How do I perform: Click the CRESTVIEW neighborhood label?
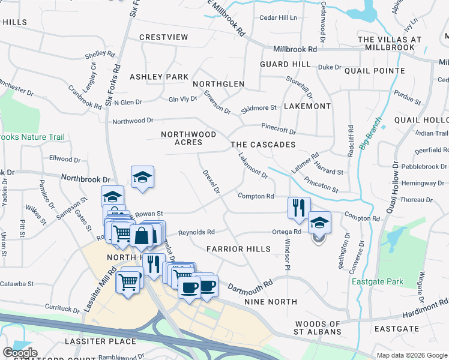click(x=164, y=37)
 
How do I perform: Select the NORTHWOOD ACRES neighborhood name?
click(x=188, y=138)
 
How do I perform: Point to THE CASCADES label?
click(x=264, y=145)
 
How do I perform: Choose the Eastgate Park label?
click(x=377, y=281)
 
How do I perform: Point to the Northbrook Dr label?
click(x=86, y=179)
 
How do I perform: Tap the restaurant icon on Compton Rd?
click(x=299, y=208)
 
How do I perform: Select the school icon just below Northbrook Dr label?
click(x=143, y=177)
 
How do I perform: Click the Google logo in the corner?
click(x=20, y=352)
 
